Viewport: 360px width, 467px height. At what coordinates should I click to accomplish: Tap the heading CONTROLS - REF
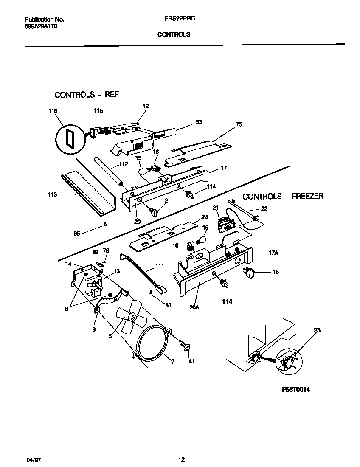[x=86, y=95]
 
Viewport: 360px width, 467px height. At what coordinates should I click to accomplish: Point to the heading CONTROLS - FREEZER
[x=283, y=196]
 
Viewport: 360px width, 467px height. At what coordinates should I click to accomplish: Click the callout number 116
[x=53, y=111]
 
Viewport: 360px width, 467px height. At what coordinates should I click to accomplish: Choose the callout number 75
[x=239, y=125]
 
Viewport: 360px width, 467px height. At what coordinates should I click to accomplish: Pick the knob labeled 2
[x=153, y=212]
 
